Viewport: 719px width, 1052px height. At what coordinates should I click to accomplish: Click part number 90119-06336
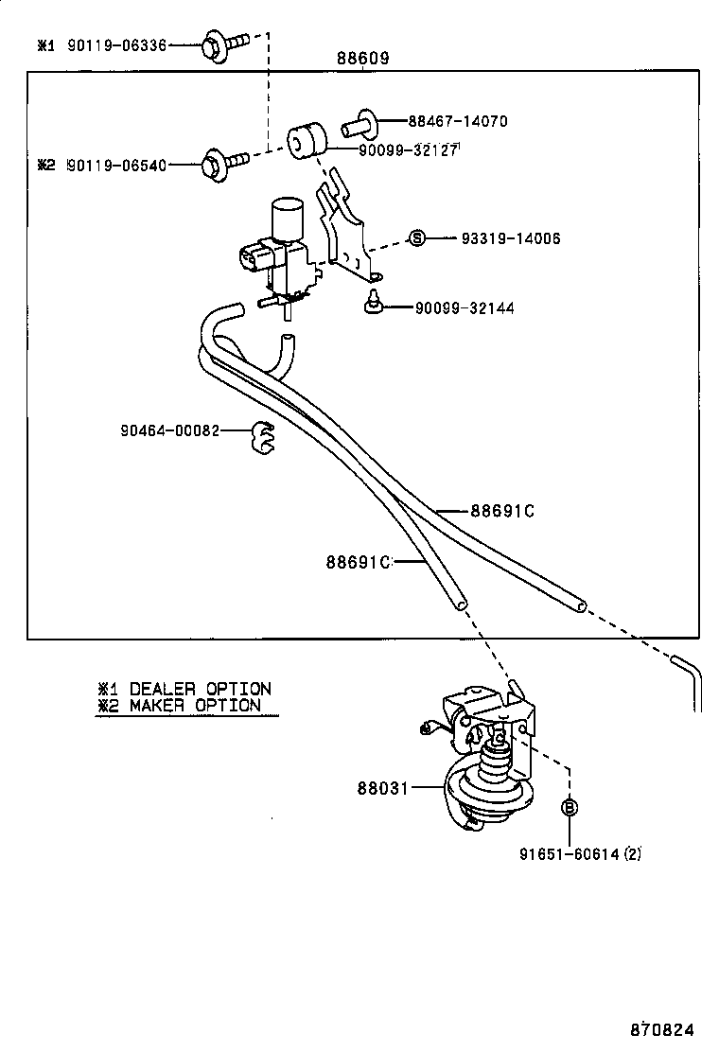[x=115, y=44]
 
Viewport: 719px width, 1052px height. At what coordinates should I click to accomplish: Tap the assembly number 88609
[x=362, y=59]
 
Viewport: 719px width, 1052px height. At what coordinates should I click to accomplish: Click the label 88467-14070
[x=458, y=121]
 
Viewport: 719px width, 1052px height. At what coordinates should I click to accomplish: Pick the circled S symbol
[x=417, y=237]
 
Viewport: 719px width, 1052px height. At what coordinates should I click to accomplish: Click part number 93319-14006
[x=510, y=238]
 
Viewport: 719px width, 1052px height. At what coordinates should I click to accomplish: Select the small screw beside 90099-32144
[x=372, y=307]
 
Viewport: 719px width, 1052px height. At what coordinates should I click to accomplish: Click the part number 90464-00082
[x=169, y=430]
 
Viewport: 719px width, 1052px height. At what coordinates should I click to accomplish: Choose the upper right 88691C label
[x=502, y=511]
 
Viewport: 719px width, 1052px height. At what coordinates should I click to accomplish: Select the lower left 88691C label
[x=358, y=562]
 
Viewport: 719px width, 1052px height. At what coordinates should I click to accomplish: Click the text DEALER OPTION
[x=200, y=689]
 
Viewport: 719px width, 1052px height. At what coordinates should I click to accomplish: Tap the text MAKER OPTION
[x=194, y=706]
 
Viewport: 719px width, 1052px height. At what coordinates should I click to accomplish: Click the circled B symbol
[x=570, y=807]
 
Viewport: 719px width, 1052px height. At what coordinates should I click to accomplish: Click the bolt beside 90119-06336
[x=223, y=44]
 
